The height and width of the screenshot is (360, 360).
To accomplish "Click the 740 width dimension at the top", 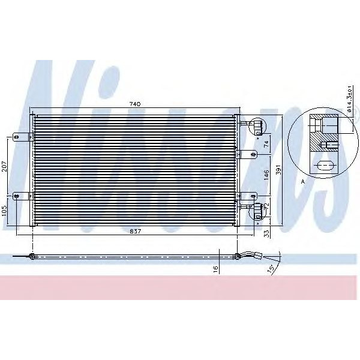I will [134, 104].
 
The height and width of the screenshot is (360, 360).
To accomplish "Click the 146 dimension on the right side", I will [266, 175].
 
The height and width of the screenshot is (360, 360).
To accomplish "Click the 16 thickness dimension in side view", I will [215, 269].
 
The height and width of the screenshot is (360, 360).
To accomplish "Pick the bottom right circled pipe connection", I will [257, 211].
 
